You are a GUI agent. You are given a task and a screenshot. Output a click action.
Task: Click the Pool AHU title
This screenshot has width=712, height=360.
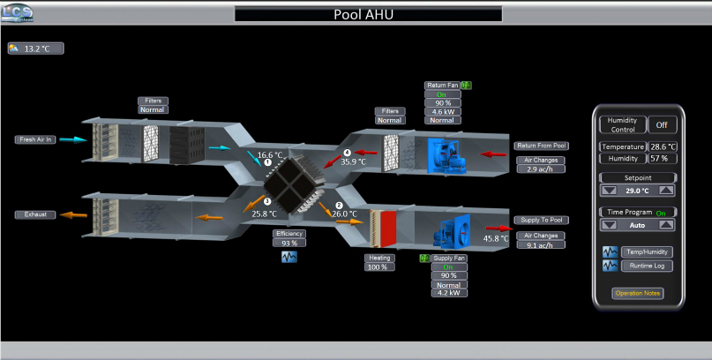coord(368,14)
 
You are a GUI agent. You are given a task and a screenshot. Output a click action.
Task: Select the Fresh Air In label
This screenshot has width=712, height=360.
coord(36,139)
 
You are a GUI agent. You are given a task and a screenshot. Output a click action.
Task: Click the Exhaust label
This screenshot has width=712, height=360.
coord(36,214)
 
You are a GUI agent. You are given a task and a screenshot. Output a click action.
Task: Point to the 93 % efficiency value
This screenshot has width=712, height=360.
coord(289,243)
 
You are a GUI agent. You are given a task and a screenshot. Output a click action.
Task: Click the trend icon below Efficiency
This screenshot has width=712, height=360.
coord(289,258)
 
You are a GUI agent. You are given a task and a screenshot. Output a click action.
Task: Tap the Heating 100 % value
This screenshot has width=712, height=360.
coord(379,266)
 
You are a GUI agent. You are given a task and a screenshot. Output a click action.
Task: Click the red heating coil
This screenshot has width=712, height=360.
coord(386,229)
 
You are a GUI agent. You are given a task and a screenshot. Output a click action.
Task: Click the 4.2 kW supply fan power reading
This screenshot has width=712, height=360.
coord(449,292)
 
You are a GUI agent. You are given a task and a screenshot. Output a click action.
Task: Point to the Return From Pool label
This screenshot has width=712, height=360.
coord(541,146)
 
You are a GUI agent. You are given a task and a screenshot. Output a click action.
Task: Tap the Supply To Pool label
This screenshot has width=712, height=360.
coord(541,220)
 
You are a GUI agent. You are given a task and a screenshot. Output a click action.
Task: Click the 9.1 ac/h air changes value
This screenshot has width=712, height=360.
coord(541,246)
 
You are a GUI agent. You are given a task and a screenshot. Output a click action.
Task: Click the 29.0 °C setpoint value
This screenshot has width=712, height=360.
coord(637,190)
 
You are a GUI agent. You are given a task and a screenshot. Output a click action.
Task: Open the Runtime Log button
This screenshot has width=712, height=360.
coord(647,266)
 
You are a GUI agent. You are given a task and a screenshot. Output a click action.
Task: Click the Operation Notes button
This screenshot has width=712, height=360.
coord(637,293)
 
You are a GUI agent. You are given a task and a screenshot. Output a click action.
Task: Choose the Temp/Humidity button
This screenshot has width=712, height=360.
coord(647,251)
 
